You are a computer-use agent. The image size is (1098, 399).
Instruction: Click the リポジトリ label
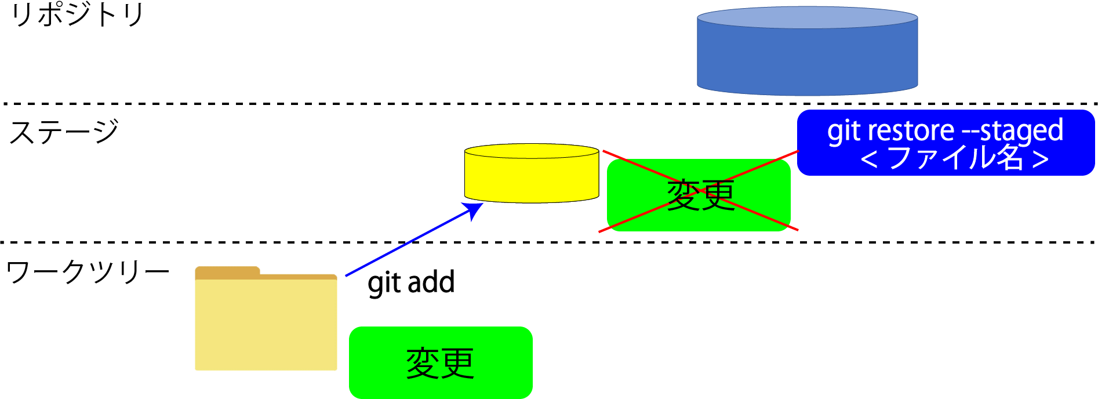[x=77, y=15]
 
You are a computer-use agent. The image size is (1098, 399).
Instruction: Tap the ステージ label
[x=64, y=132]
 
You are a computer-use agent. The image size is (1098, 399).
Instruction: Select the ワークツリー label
[x=88, y=271]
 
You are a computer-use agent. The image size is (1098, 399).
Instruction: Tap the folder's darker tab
[x=227, y=272]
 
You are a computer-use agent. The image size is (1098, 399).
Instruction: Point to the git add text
[x=411, y=283]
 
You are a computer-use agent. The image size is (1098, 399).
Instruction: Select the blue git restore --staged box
[x=945, y=143]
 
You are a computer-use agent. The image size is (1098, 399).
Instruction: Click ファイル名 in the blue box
[x=955, y=158]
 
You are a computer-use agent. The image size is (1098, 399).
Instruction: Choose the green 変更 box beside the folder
[x=441, y=363]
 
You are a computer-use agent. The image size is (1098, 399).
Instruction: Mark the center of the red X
[x=699, y=191]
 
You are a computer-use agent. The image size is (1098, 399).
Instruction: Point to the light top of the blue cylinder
[x=807, y=17]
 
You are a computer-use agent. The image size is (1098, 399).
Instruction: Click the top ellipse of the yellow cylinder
[x=531, y=151]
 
